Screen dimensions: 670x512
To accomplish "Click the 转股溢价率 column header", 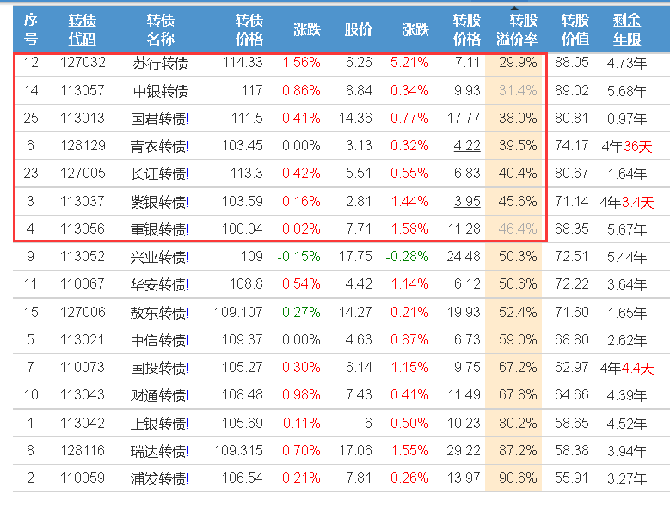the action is tap(517, 29).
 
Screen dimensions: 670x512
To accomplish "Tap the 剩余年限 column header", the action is tap(627, 29).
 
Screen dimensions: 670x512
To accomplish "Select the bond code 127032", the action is tap(83, 63).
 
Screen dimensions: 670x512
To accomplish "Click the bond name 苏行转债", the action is tap(160, 64).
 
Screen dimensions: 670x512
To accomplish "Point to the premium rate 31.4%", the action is tap(518, 90).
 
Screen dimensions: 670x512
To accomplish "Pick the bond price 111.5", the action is tap(247, 118).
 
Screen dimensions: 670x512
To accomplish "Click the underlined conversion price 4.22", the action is tap(467, 146).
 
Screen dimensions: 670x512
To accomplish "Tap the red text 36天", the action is tap(637, 146).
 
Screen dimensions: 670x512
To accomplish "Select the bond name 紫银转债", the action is tap(158, 202).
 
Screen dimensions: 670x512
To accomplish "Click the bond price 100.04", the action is tap(243, 229).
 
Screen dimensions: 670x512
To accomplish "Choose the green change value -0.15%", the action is tap(298, 256).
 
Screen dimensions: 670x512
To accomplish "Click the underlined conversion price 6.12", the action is tap(467, 283).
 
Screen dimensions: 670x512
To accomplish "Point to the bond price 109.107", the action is tap(238, 313).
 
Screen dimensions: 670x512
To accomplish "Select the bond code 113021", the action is tap(83, 339).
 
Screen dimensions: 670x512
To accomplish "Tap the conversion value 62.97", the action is tap(571, 367).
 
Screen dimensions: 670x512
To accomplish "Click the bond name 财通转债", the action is tap(158, 395).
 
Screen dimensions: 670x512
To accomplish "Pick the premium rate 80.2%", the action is tap(518, 423).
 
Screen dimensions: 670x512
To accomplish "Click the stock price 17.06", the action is tap(355, 450).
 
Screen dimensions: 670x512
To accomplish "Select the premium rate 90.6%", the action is tap(518, 478).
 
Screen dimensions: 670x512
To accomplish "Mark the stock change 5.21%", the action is tap(409, 63).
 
